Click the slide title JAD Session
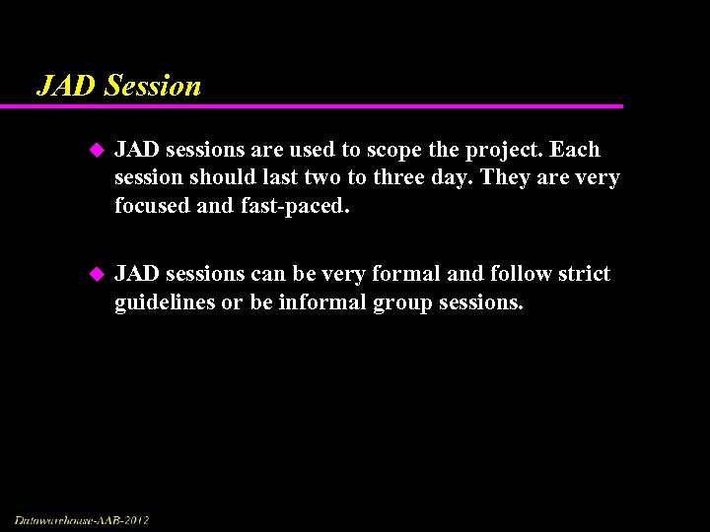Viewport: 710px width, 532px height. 118,86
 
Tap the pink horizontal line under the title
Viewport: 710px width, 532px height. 325,106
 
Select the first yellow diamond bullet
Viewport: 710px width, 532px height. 97,151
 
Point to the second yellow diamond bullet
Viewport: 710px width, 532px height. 97,275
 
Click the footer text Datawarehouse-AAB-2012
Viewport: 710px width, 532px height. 82,519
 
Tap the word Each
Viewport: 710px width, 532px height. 575,150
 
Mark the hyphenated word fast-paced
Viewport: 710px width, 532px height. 293,206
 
